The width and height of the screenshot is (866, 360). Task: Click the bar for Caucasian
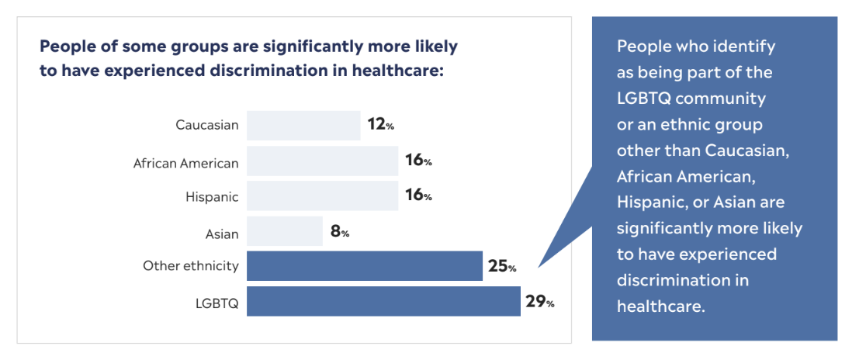pyautogui.click(x=303, y=125)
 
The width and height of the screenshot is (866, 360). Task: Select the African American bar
pyautogui.click(x=322, y=161)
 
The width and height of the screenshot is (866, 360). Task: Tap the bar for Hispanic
pyautogui.click(x=322, y=196)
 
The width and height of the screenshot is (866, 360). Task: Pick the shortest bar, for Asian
pyautogui.click(x=285, y=232)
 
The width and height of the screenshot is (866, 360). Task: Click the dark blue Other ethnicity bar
pyautogui.click(x=365, y=266)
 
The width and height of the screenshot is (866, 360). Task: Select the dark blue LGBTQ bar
pyautogui.click(x=383, y=301)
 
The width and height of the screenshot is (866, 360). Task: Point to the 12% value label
pyautogui.click(x=381, y=124)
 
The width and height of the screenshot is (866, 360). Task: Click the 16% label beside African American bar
pyautogui.click(x=418, y=161)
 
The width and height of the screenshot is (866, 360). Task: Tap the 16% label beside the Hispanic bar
pyautogui.click(x=418, y=196)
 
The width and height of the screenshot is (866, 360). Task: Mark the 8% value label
pyautogui.click(x=340, y=231)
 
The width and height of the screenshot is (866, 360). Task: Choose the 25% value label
pyautogui.click(x=502, y=267)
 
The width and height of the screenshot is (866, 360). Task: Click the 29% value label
pyautogui.click(x=539, y=302)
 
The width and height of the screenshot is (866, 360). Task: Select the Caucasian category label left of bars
pyautogui.click(x=207, y=125)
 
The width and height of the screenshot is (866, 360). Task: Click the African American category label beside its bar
pyautogui.click(x=186, y=163)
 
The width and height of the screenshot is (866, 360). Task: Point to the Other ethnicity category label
pyautogui.click(x=191, y=266)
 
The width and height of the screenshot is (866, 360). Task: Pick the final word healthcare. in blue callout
pyautogui.click(x=660, y=306)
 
